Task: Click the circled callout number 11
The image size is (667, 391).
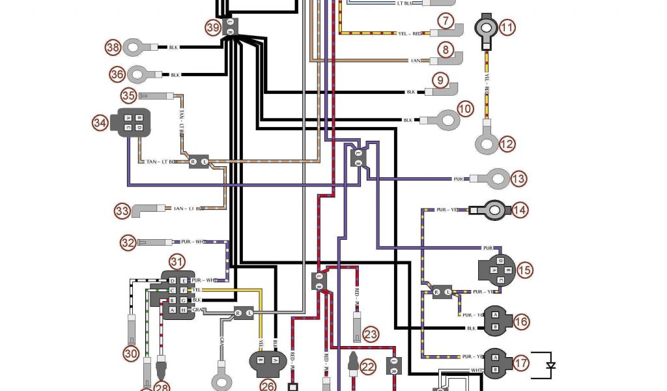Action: pyautogui.click(x=507, y=27)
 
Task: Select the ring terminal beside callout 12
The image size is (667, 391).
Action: pyautogui.click(x=487, y=143)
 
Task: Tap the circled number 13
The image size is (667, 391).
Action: pyautogui.click(x=518, y=178)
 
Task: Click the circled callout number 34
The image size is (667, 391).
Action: pyautogui.click(x=100, y=123)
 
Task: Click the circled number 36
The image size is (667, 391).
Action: pyautogui.click(x=117, y=74)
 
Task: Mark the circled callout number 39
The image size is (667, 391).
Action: pyautogui.click(x=213, y=27)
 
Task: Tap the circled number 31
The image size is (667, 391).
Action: pyautogui.click(x=177, y=262)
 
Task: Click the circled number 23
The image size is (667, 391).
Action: pyautogui.click(x=371, y=334)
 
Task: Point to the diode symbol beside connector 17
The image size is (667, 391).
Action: pyautogui.click(x=550, y=365)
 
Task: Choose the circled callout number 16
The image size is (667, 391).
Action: pyautogui.click(x=521, y=321)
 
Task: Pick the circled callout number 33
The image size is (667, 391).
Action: pyautogui.click(x=122, y=210)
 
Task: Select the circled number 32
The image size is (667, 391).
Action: pyautogui.click(x=128, y=242)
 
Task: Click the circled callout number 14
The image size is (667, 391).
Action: pyautogui.click(x=519, y=210)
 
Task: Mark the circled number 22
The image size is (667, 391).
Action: pyautogui.click(x=369, y=368)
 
